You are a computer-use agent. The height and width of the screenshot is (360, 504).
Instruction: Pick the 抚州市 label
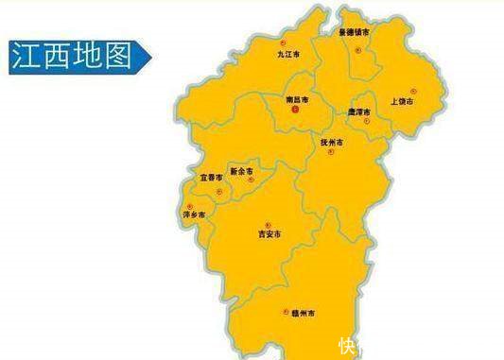pos(332,143)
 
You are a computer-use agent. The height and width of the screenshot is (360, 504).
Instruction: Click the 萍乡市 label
pos(193,215)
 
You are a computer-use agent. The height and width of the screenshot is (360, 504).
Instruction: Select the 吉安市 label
pos(269,233)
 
